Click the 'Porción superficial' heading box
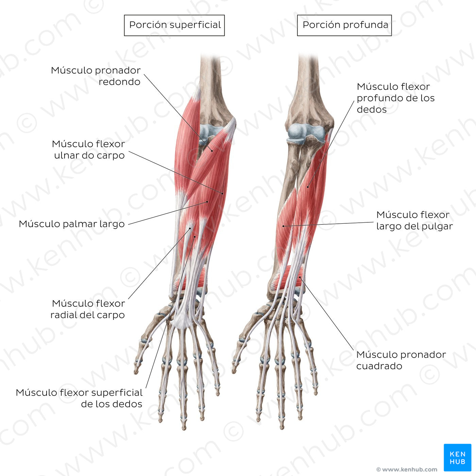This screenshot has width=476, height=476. pos(174,25)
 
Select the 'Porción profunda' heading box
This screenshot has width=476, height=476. pos(344,25)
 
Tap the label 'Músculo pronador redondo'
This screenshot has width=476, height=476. pos(96,76)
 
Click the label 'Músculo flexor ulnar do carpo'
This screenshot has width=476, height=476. pos(89,150)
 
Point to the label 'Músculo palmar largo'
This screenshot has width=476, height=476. pos(72,224)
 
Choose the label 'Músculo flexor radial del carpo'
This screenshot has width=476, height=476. pos(88,309)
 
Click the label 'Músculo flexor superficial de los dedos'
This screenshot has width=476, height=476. pos(79,398)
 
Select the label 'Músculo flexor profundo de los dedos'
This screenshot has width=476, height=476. pos(395,98)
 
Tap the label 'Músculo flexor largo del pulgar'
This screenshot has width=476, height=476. pos(414,220)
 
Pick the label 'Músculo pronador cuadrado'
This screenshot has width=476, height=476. pos(401,360)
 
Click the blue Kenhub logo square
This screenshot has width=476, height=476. pos(457,457)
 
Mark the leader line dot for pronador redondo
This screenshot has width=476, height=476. pos(211,151)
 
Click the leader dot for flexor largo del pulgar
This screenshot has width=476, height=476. pos(283,226)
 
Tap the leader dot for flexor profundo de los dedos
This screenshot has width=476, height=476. pos(308,187)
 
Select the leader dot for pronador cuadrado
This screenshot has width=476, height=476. pos(300,278)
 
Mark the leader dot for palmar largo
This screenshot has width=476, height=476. pos(207,202)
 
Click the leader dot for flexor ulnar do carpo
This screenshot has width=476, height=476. pos(223,193)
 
